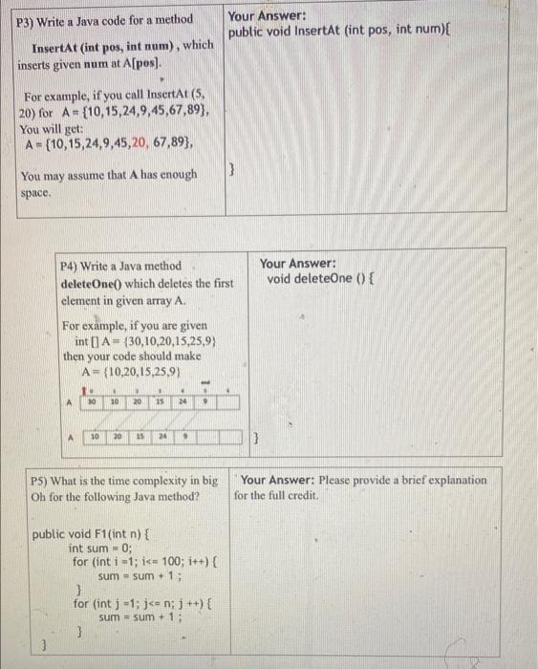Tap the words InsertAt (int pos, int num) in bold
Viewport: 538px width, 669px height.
tap(106, 45)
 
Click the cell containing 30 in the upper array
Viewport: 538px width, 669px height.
tap(93, 401)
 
